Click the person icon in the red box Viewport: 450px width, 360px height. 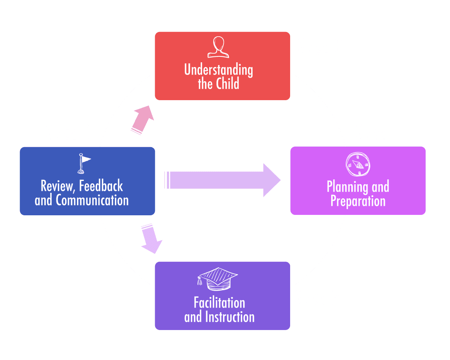[x=218, y=47]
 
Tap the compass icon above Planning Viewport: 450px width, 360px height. [x=357, y=164]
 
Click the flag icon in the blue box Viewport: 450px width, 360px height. [x=83, y=163]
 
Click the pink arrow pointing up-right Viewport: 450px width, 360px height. [x=142, y=120]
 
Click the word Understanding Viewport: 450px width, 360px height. [x=218, y=70]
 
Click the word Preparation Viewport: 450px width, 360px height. [x=358, y=201]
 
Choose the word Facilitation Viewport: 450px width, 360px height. [x=219, y=303]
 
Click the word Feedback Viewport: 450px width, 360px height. [x=101, y=186]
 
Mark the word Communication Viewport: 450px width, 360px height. [x=92, y=200]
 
